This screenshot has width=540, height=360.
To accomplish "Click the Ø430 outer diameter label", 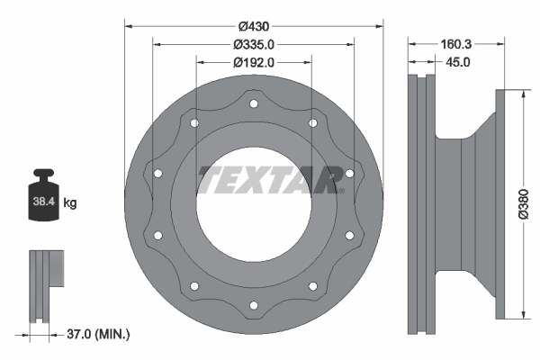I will tap(253, 26).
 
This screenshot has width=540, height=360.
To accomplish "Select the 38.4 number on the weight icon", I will tap(45, 203).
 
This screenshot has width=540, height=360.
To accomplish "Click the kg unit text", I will tap(70, 203).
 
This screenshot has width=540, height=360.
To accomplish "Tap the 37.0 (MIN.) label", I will tap(96, 334).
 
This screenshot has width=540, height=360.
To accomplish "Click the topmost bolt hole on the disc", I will tap(253, 104).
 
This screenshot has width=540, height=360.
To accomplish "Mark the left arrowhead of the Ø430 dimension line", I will tap(127, 25).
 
